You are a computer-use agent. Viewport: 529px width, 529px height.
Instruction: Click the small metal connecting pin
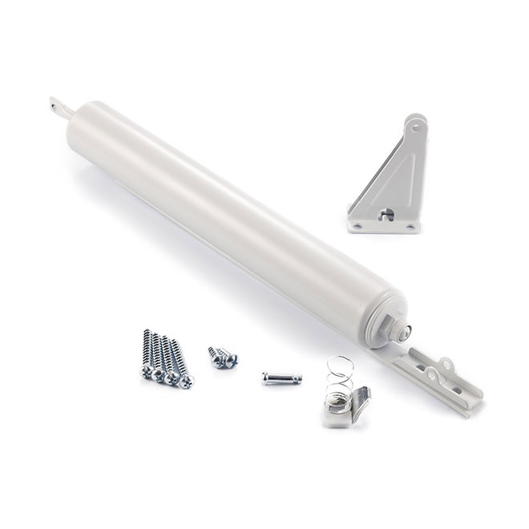pyautogui.click(x=281, y=377)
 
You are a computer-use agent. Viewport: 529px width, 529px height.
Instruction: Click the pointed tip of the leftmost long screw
pyautogui.click(x=148, y=330)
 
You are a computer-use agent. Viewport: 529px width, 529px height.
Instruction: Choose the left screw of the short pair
pyautogui.click(x=215, y=353)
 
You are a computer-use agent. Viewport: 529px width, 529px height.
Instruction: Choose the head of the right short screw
pyautogui.click(x=232, y=362)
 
